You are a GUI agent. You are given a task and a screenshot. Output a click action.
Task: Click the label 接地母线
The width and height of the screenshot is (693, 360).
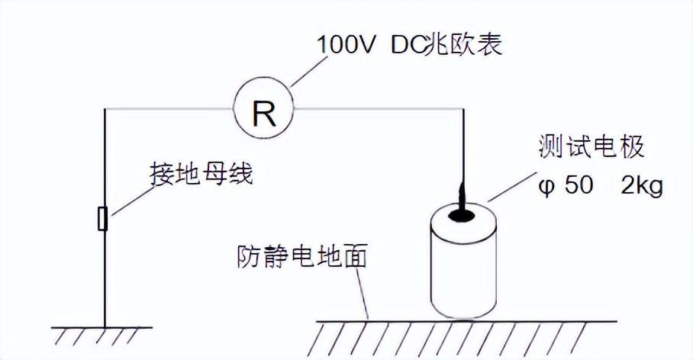(200, 175)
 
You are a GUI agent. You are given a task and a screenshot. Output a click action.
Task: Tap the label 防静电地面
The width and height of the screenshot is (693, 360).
(301, 257)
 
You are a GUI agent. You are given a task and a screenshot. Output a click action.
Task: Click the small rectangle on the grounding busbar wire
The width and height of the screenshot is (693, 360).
(104, 219)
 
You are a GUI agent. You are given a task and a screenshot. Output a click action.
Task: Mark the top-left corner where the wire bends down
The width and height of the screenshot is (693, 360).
(105, 110)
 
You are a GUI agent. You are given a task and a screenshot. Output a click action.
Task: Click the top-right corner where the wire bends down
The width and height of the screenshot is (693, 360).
(464, 110)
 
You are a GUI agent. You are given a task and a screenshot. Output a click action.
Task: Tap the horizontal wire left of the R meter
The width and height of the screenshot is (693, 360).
(168, 110)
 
